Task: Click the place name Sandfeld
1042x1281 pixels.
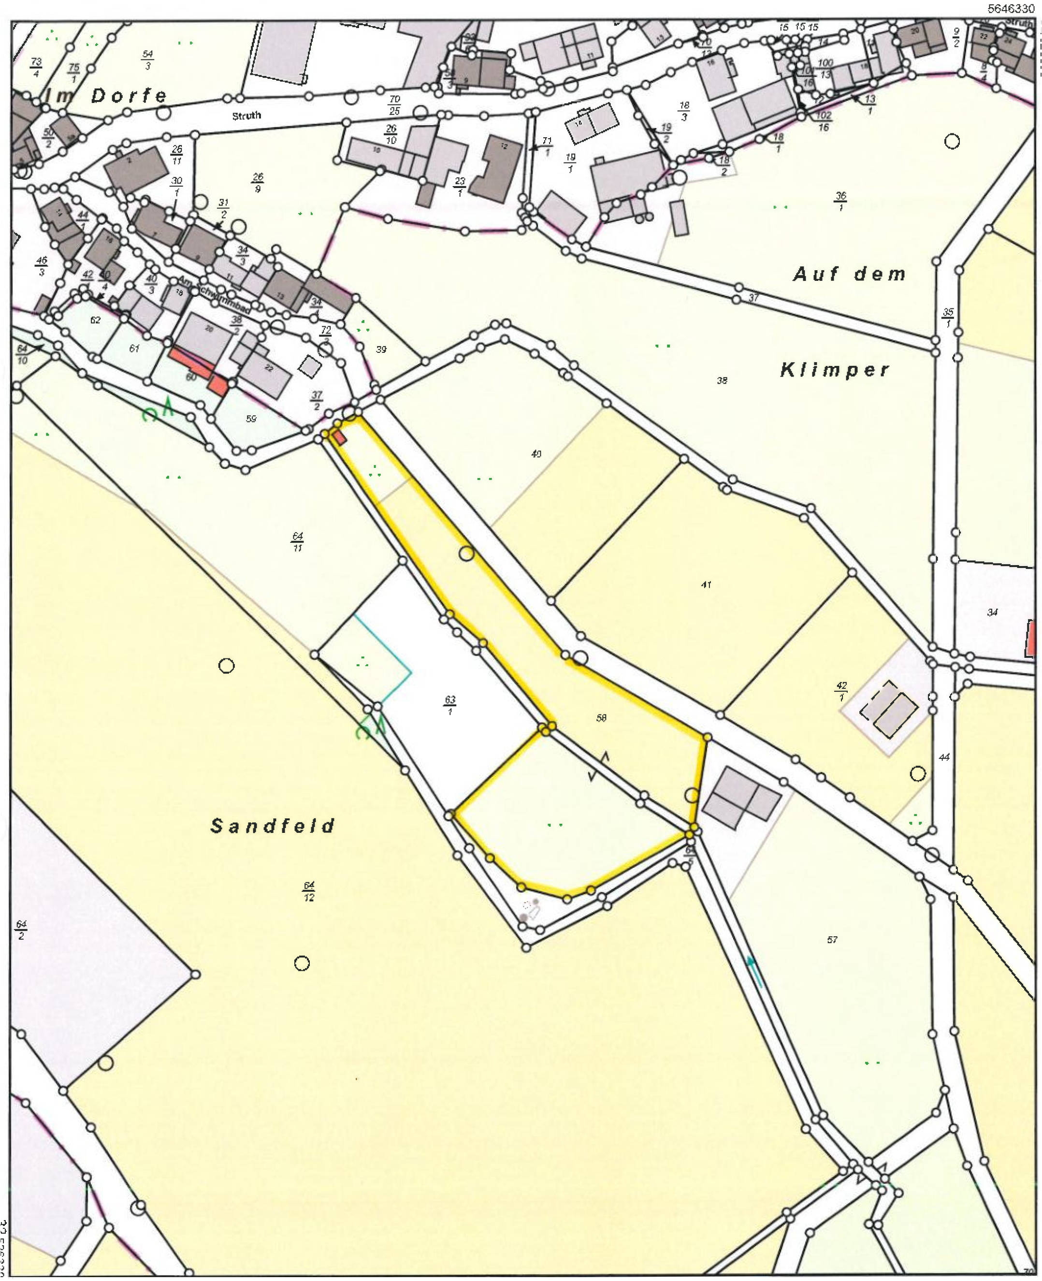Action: pyautogui.click(x=273, y=826)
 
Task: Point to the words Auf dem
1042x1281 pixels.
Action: pyautogui.click(x=849, y=275)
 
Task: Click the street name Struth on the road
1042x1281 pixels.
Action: pyautogui.click(x=246, y=116)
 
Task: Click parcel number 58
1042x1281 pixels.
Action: pyautogui.click(x=601, y=717)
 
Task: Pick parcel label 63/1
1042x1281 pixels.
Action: pyautogui.click(x=450, y=705)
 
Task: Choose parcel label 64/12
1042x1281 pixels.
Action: pyautogui.click(x=308, y=891)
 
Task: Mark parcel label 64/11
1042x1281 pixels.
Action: pyautogui.click(x=298, y=541)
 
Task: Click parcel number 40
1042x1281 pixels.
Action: pyautogui.click(x=536, y=454)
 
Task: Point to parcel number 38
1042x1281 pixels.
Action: pyautogui.click(x=722, y=380)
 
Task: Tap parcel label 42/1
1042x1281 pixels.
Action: pyautogui.click(x=841, y=692)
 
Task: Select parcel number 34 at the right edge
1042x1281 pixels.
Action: pyautogui.click(x=993, y=612)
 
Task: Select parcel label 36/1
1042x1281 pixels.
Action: pyautogui.click(x=840, y=202)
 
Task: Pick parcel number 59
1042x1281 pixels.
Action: pyautogui.click(x=251, y=419)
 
